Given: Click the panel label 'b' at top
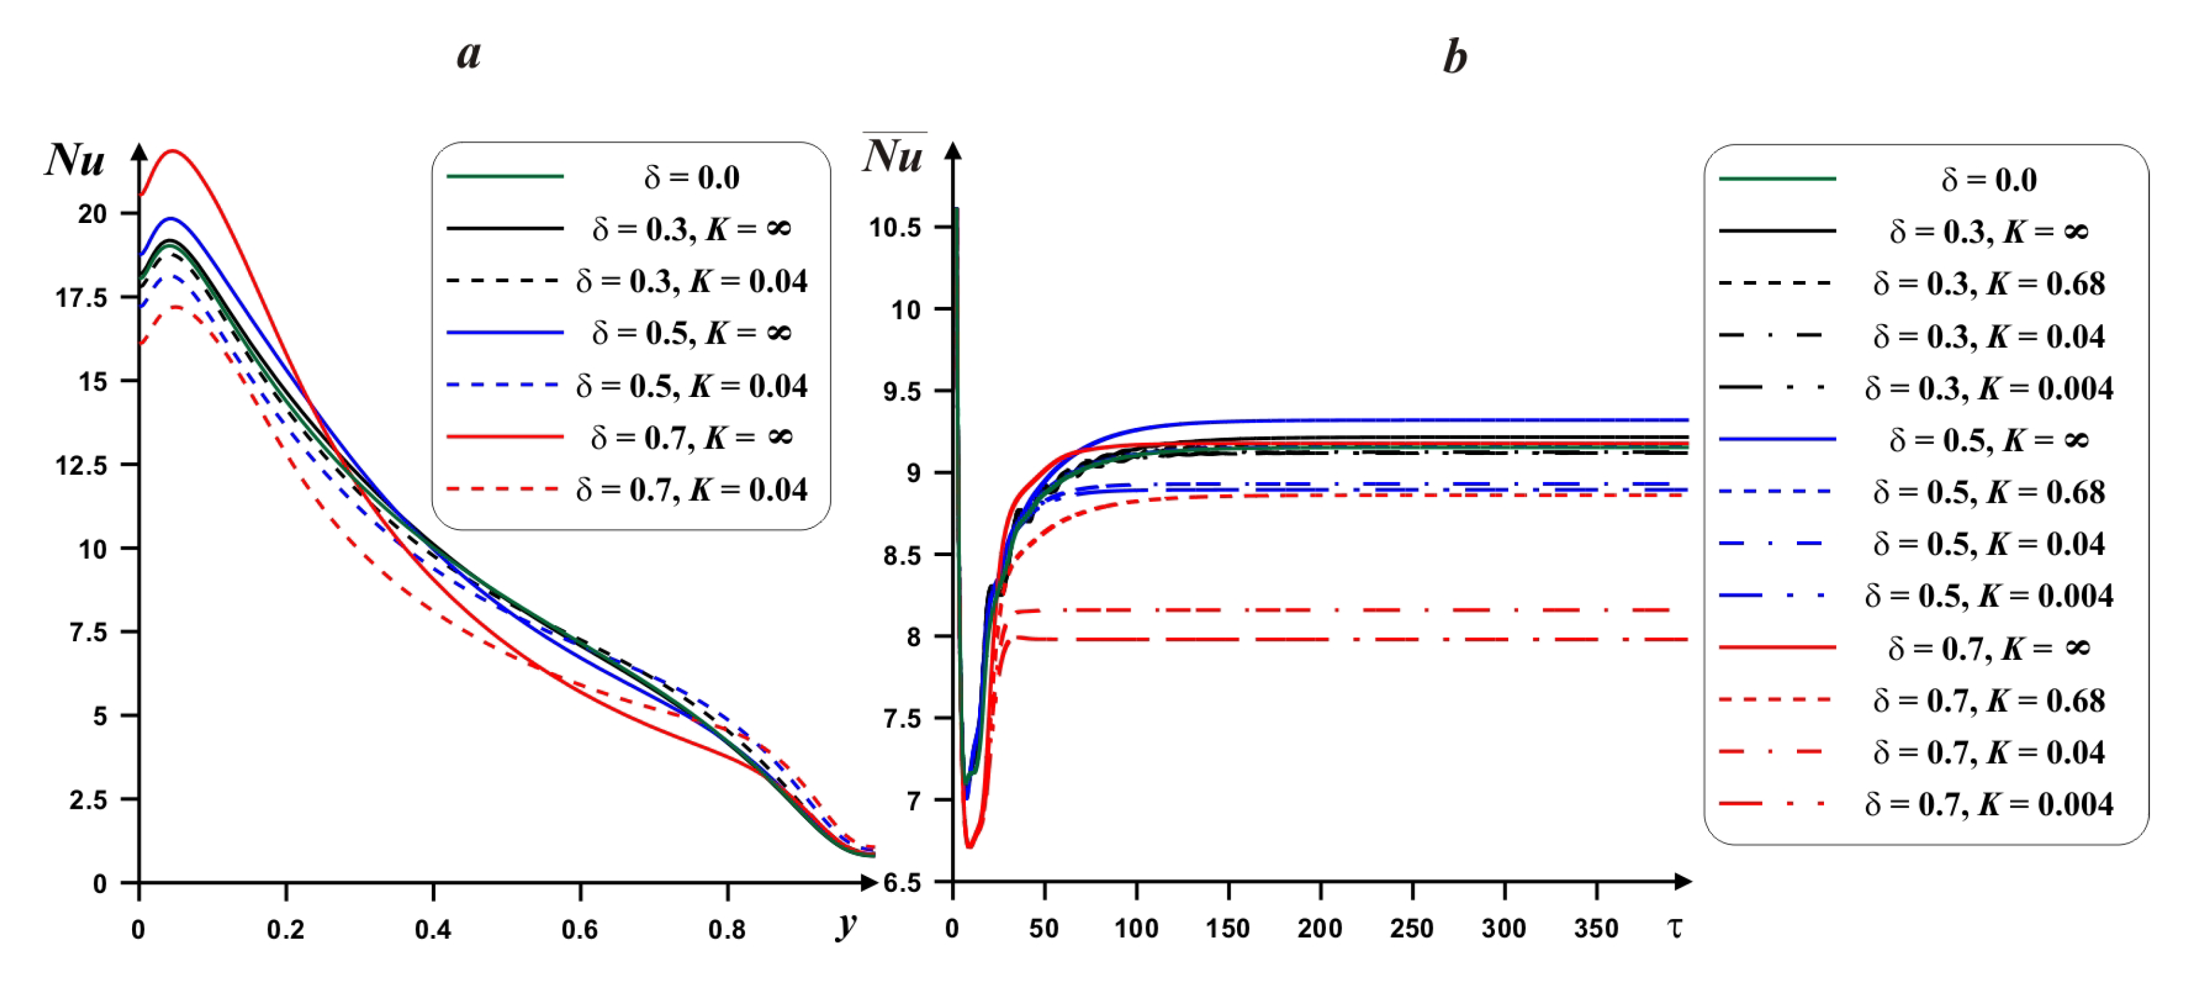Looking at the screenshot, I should [1454, 58].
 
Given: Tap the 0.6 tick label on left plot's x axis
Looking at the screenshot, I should [579, 930].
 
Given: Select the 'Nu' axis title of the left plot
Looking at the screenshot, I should [75, 160].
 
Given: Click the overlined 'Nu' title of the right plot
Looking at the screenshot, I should [894, 155].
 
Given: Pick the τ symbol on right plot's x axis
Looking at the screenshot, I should [1674, 927].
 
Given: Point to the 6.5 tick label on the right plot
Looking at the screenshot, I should [902, 883].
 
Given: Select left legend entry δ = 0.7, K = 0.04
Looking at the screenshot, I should [691, 490].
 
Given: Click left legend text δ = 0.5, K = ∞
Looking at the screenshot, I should [691, 333].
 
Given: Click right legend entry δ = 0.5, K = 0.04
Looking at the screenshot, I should [1988, 545].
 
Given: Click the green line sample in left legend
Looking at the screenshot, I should [504, 177].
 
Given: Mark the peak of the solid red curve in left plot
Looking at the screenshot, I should [173, 151].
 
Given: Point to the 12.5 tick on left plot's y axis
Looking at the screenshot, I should [82, 465].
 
